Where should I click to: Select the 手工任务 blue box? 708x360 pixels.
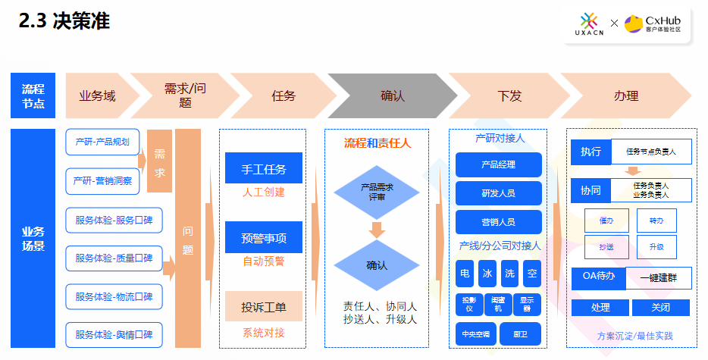[x=263, y=168]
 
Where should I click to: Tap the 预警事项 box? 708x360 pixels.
[x=263, y=237]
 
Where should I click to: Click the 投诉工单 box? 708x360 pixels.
[x=263, y=306]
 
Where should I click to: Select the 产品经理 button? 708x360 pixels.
[x=498, y=164]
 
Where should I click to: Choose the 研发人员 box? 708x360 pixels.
[x=498, y=193]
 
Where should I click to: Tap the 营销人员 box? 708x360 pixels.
[x=498, y=222]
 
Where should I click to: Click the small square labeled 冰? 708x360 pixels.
[x=487, y=273]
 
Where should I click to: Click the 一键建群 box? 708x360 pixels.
[x=658, y=277]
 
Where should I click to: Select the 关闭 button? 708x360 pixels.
[x=660, y=308]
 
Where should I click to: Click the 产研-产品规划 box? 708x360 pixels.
[x=102, y=141]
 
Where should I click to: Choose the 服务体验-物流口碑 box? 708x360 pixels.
[x=114, y=296]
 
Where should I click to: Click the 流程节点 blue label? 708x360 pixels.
[x=33, y=96]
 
